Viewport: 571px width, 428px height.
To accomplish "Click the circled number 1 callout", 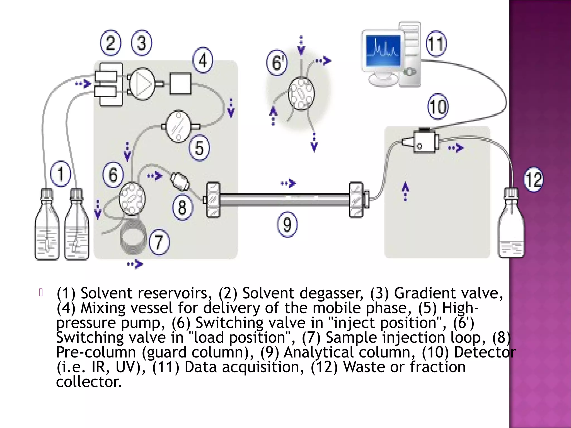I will point(60,174).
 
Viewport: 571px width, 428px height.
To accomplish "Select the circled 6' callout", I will point(276,63).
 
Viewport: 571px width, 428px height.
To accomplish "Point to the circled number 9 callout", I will point(287,224).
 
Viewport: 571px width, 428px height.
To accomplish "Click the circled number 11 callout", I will point(436,44).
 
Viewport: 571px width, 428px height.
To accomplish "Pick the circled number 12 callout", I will point(533,179).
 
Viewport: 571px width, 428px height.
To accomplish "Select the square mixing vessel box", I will point(180,84).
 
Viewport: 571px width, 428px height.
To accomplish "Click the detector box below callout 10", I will point(424,141).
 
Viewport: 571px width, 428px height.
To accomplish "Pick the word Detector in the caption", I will point(485,352).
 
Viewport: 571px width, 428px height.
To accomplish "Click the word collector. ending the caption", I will point(89,382).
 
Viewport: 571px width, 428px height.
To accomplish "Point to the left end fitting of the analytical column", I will point(213,200).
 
